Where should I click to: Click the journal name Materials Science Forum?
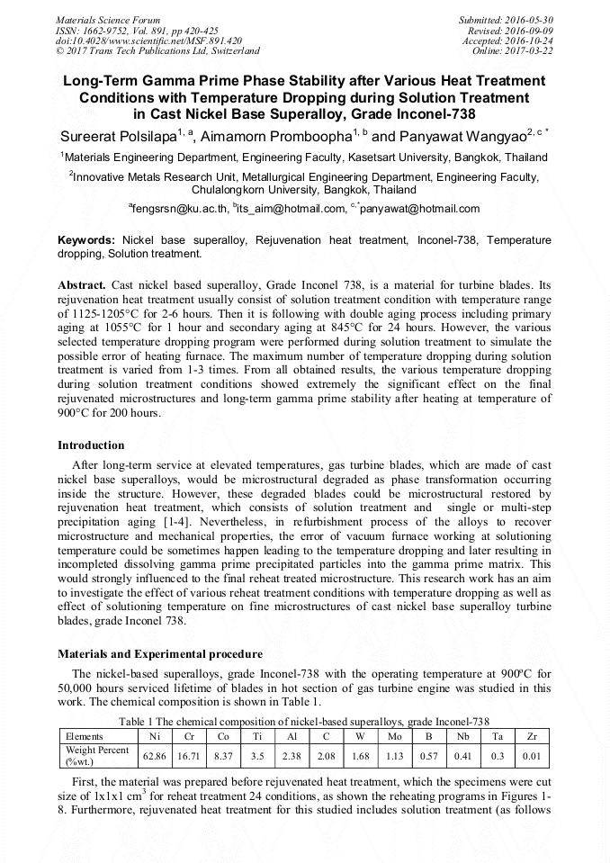[x=108, y=20]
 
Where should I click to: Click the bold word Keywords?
[x=86, y=241]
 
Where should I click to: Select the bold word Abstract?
[x=81, y=284]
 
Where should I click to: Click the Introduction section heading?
[x=91, y=445]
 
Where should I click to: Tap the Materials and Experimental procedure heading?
[x=160, y=653]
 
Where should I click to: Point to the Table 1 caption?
[x=304, y=721]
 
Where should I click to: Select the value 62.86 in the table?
[x=155, y=755]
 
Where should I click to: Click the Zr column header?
[x=531, y=735]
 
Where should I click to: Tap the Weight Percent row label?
[x=97, y=755]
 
